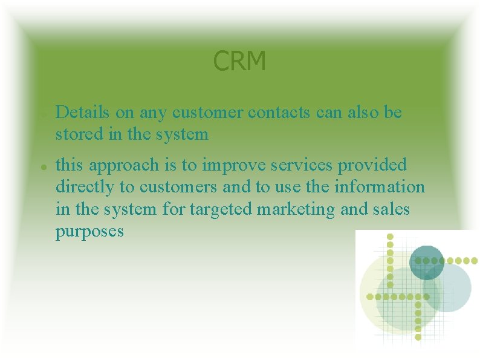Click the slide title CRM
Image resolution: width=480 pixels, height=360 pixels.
(x=239, y=61)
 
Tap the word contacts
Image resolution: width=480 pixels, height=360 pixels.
(x=279, y=112)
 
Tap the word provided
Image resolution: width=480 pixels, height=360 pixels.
(x=377, y=165)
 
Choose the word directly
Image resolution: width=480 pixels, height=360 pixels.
(x=84, y=187)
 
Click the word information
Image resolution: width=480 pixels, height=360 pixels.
(x=383, y=187)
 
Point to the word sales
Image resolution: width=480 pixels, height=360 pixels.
(x=391, y=209)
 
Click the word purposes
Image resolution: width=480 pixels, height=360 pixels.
(x=89, y=232)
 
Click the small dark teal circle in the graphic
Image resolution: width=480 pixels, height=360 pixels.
(x=427, y=263)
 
